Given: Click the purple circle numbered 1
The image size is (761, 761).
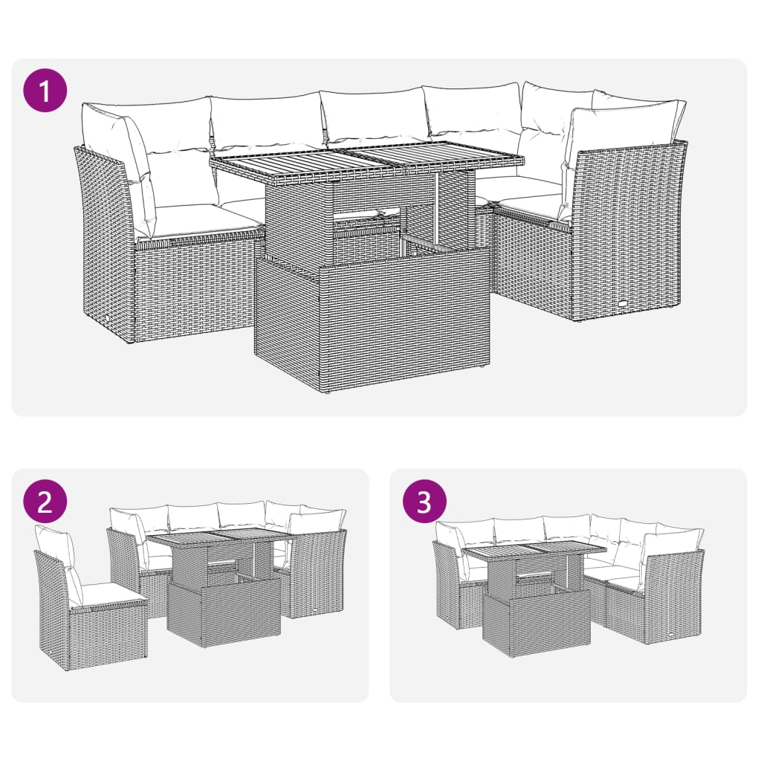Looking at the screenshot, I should (46, 92).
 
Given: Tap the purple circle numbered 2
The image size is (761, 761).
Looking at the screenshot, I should (45, 502).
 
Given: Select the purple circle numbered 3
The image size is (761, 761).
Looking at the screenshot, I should (424, 502).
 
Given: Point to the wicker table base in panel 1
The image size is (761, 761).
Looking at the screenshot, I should (372, 320).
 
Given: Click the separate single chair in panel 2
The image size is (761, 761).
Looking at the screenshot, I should (89, 609).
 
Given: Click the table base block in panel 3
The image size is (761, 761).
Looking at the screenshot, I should (535, 621).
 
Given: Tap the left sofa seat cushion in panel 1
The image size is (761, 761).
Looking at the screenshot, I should (197, 219).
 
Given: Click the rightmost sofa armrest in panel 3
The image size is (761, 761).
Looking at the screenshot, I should (673, 595).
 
